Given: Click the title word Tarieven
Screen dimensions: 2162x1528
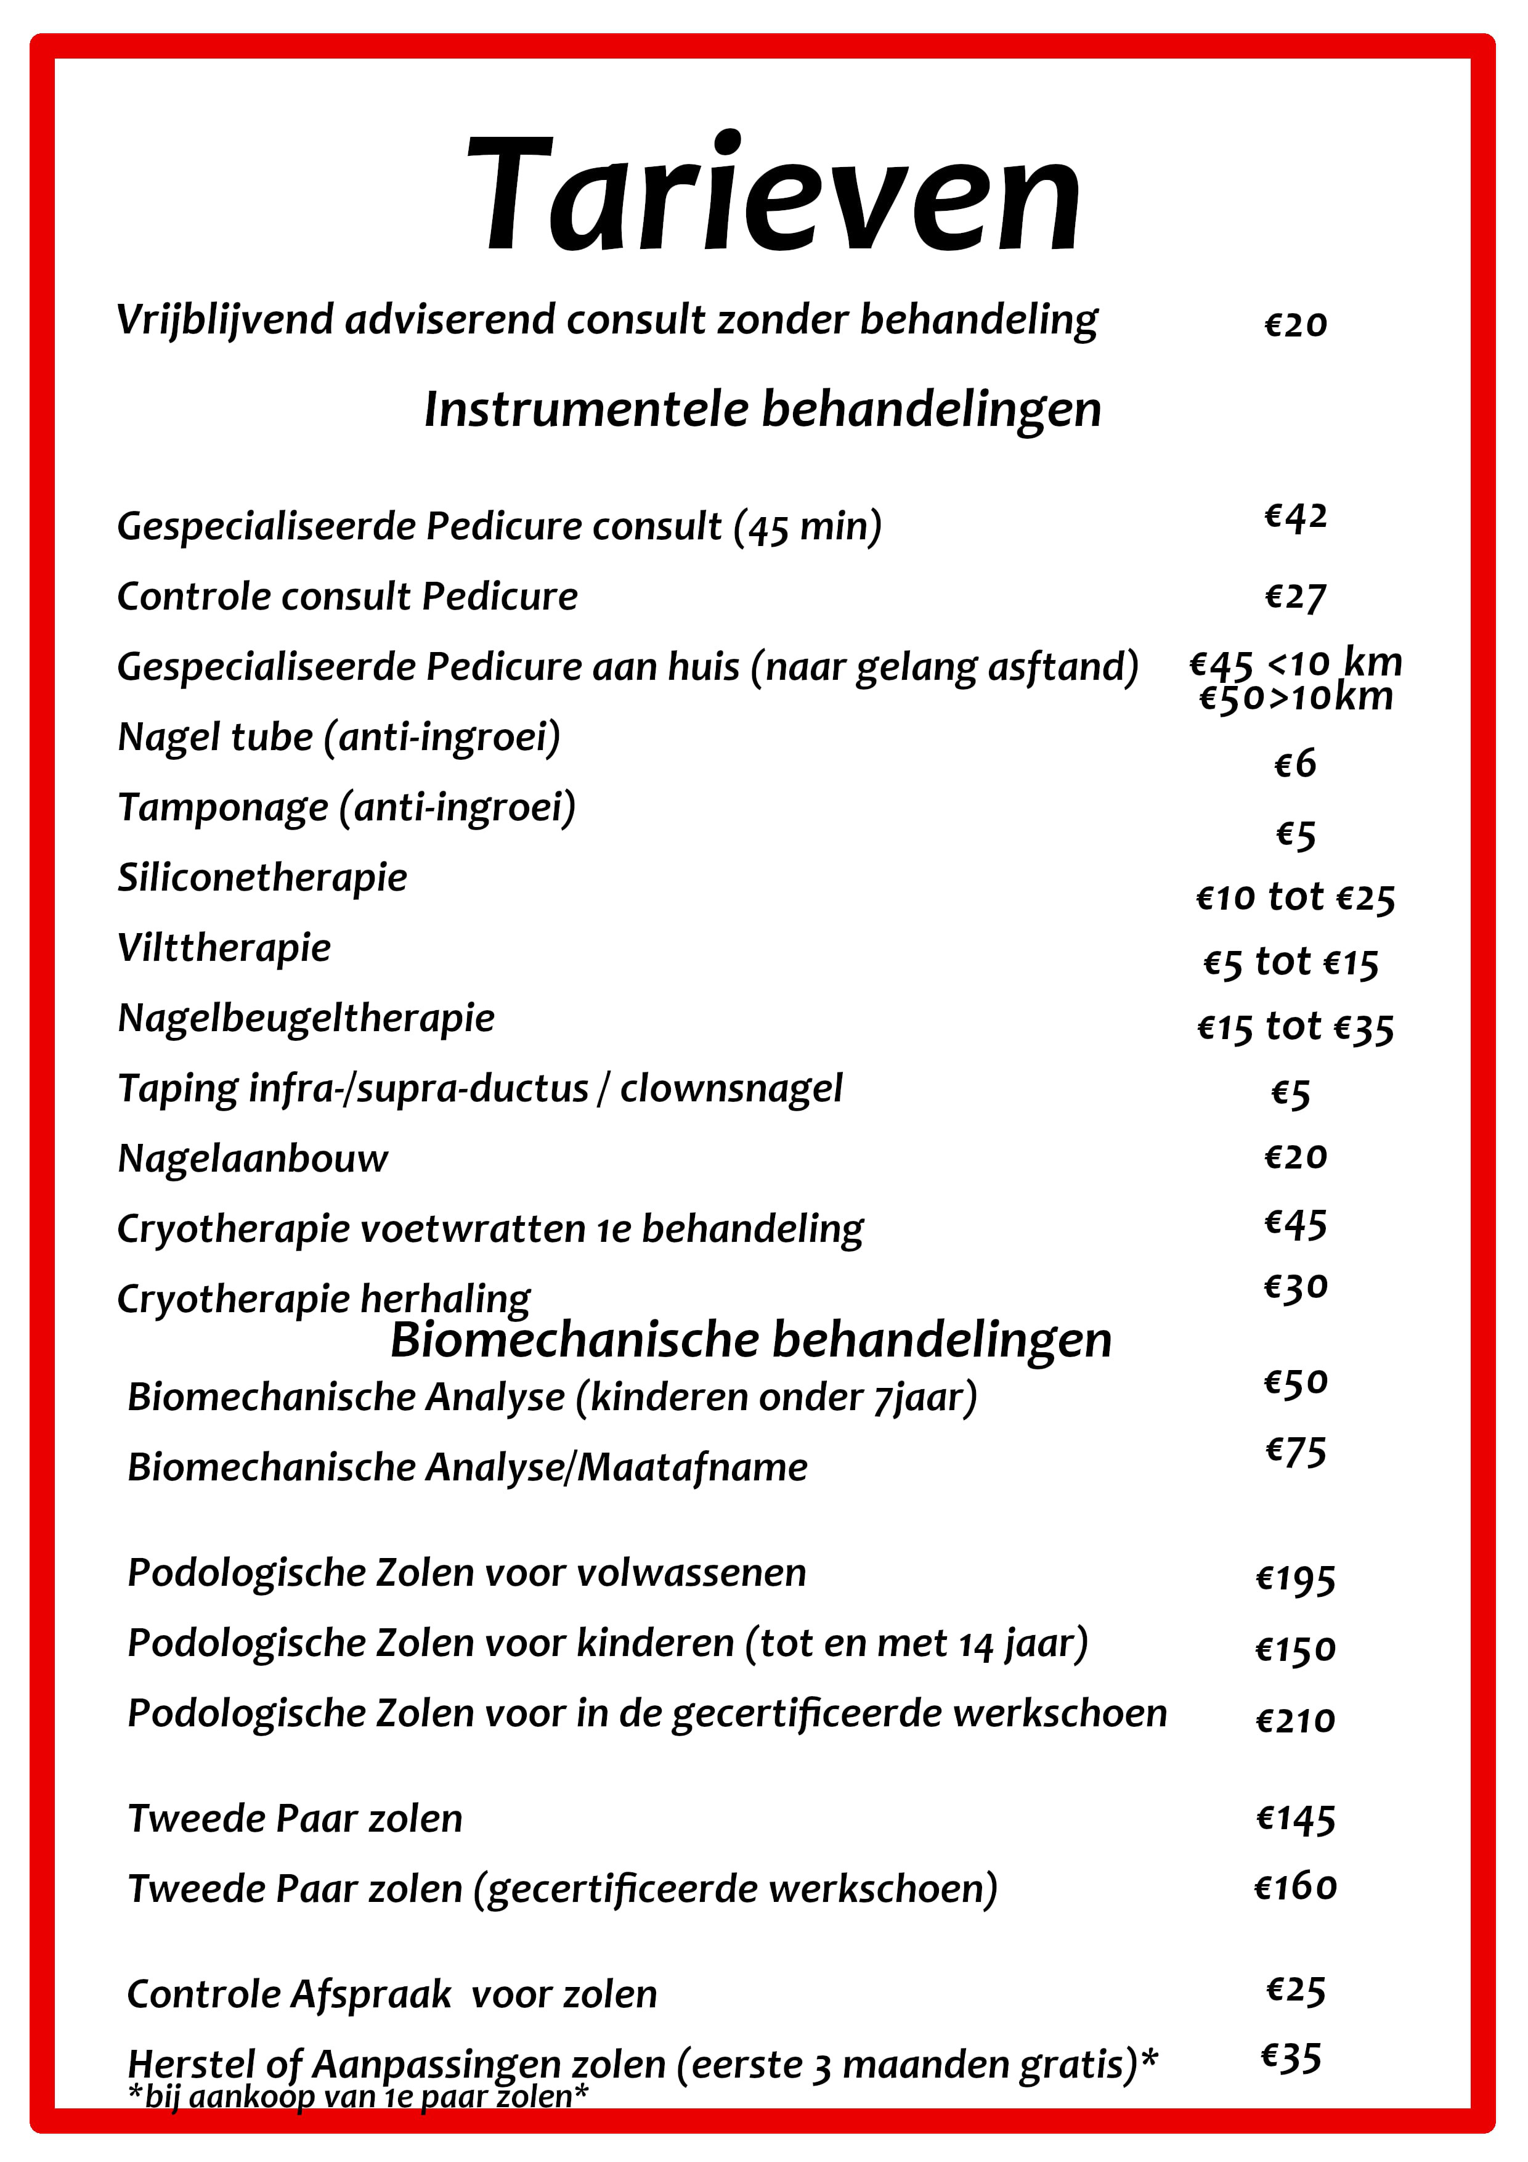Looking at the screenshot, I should pyautogui.click(x=774, y=194).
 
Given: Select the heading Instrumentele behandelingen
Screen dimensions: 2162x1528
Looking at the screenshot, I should pyautogui.click(x=763, y=410).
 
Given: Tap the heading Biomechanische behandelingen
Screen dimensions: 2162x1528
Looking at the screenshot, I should pyautogui.click(x=750, y=1340).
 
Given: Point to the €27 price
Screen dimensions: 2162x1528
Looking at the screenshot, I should pyautogui.click(x=1296, y=597).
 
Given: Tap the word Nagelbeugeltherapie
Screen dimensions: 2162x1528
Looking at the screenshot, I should pyautogui.click(x=306, y=1019).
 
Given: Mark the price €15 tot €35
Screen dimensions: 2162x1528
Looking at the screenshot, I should pyautogui.click(x=1296, y=1027).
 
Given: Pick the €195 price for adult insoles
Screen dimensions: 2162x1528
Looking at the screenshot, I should pyautogui.click(x=1296, y=1579).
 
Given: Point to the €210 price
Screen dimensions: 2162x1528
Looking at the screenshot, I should pyautogui.click(x=1296, y=1720).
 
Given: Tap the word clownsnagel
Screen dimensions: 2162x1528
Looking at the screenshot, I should pyautogui.click(x=731, y=1088).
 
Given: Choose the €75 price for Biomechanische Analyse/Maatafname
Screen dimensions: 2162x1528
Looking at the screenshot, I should pyautogui.click(x=1296, y=1451).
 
